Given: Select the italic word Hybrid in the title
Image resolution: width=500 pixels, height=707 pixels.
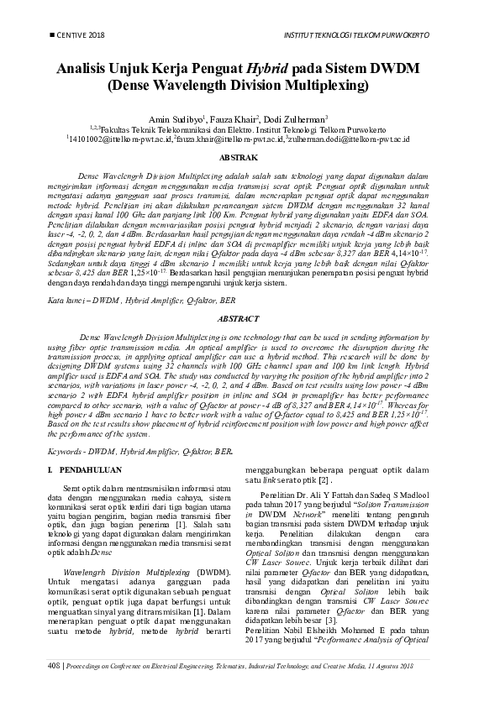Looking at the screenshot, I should point(266,69).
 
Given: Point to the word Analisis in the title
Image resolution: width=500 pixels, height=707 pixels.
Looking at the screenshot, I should point(85,69).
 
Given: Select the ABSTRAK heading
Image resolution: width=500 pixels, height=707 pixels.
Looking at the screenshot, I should point(250,158).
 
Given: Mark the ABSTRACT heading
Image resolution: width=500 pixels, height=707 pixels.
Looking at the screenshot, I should point(250,320).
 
